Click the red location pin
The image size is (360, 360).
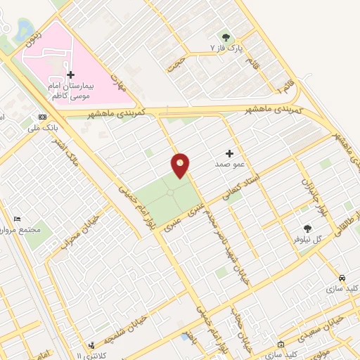tap(181, 165)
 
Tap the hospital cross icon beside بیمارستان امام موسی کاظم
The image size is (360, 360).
tap(70, 75)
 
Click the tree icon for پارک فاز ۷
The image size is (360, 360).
tap(226, 36)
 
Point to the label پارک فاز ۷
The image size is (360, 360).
tap(226, 47)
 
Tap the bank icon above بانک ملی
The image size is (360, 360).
tap(42, 117)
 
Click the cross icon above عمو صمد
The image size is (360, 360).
tap(229, 153)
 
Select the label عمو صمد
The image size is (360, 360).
tap(229, 163)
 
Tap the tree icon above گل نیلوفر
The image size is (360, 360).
tap(307, 228)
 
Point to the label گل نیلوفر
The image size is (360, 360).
tap(307, 239)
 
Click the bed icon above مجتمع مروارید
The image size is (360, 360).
tap(18, 219)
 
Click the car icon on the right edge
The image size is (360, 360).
tap(341, 277)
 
